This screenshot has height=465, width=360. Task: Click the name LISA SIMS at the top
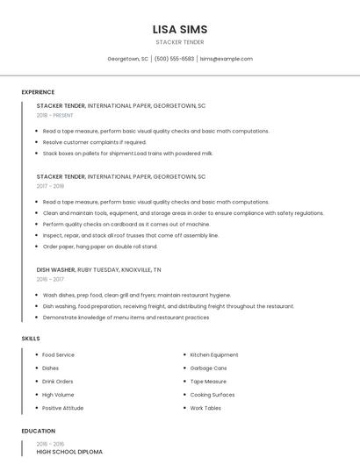pos(180,29)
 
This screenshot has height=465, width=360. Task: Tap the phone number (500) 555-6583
pos(174,59)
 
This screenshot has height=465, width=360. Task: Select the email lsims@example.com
pos(227,59)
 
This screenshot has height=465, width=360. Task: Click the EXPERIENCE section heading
pos(38,92)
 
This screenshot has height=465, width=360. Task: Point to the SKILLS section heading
pos(30,338)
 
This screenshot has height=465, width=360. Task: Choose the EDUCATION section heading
pos(38,431)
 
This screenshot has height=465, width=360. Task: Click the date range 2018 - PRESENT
pos(55,115)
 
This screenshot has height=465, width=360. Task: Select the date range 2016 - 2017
pos(50,279)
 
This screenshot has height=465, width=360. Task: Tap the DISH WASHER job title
pos(55,269)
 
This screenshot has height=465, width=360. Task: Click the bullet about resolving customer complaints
pos(94,141)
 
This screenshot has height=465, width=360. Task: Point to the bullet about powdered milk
pos(127,153)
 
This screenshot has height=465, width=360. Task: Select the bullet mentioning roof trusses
pos(130,235)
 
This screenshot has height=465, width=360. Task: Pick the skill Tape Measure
pos(208,382)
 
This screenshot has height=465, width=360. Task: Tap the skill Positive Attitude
pos(63,408)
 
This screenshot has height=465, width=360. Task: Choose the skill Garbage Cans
pos(208,368)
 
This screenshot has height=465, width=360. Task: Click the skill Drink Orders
pos(58,382)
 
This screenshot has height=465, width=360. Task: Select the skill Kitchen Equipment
pos(213,355)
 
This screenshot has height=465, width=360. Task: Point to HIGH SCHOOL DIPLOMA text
pos(69,452)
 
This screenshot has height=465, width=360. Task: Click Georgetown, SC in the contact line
pos(127,59)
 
